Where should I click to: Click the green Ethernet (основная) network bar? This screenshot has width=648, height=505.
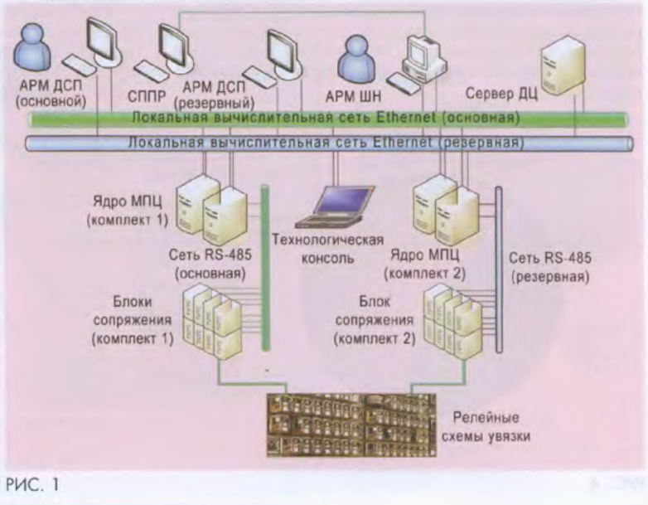click(x=273, y=119)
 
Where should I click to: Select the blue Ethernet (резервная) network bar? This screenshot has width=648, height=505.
click(x=273, y=143)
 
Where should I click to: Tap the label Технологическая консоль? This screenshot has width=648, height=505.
click(x=328, y=249)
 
